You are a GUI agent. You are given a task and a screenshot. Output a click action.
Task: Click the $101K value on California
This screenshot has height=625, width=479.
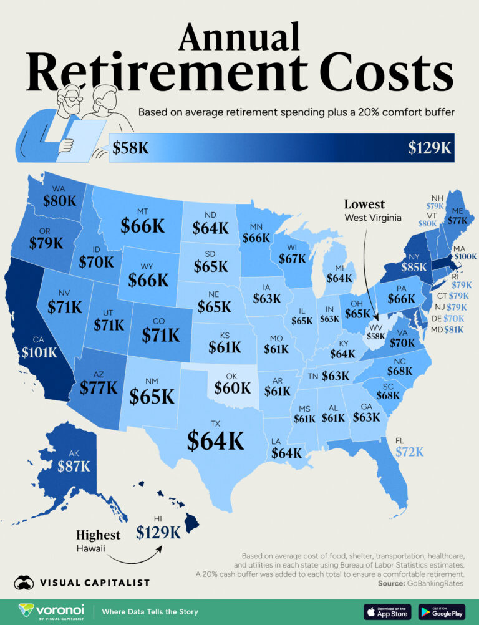coord(39,352)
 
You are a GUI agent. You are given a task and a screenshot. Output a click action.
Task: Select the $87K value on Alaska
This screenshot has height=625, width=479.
coord(74,465)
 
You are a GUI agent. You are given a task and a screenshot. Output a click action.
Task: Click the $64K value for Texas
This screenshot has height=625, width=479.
coord(216,440)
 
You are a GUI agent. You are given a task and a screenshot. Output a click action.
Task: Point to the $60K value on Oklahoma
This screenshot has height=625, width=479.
coord(232,388)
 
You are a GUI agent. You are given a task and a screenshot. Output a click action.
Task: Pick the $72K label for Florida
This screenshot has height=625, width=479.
coord(410,451)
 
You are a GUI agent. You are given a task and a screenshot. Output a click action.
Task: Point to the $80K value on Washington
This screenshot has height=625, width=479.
coord(60,200)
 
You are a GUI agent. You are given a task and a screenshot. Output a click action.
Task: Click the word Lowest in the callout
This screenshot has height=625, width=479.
coord(364,205)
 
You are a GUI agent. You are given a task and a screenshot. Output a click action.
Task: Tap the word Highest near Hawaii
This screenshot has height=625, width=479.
coord(98,535)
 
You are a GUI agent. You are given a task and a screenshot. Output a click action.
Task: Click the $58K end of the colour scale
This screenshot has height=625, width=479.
coord(130,148)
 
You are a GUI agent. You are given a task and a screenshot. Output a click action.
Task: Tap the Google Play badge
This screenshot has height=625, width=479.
coord(442,611)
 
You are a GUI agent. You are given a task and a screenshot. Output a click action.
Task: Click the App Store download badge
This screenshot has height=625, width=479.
coord(388,611)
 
